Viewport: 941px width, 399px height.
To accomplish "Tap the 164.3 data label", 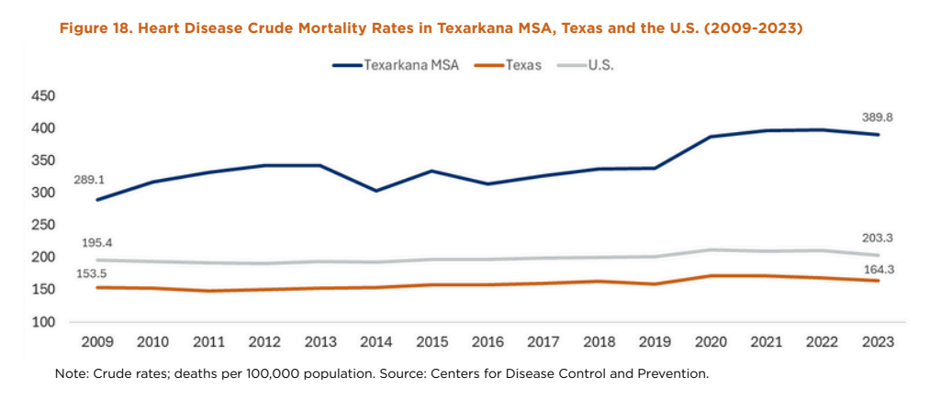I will (x=878, y=269).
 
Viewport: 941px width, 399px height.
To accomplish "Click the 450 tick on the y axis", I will (x=44, y=96).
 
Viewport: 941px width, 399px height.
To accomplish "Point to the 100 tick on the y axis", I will (x=44, y=322).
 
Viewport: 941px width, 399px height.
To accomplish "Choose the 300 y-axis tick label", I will (x=44, y=194).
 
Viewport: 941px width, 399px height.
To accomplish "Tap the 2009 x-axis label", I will (x=98, y=342).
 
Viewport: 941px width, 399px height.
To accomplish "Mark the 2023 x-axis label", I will (x=878, y=342).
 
